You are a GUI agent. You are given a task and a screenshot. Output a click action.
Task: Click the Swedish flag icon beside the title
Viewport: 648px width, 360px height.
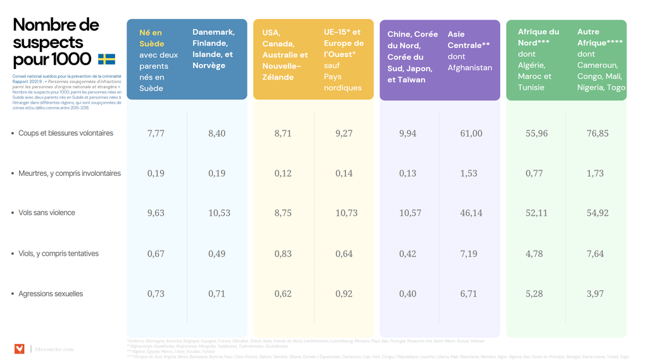[x=106, y=59]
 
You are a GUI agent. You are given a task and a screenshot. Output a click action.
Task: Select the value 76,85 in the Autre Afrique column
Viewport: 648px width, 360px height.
[x=597, y=133]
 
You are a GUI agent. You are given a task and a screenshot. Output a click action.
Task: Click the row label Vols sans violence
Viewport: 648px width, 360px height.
[x=47, y=213]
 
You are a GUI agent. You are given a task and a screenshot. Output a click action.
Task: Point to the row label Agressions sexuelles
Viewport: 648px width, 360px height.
[x=51, y=294]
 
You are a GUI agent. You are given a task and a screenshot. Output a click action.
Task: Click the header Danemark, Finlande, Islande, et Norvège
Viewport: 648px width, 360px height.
[x=213, y=49]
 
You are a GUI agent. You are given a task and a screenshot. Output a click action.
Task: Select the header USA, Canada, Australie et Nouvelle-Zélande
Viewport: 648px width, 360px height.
[x=285, y=54]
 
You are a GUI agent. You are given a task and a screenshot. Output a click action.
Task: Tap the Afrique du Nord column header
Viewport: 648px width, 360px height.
[x=538, y=37]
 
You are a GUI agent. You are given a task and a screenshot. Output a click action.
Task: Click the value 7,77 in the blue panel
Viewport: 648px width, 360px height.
[x=156, y=133]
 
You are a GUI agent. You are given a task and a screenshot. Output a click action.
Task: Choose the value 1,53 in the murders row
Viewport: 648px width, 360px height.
[x=469, y=173]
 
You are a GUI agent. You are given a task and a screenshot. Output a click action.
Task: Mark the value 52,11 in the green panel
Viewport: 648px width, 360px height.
[x=537, y=213]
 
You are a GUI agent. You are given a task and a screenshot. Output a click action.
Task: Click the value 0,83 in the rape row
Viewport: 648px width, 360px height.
[x=283, y=254]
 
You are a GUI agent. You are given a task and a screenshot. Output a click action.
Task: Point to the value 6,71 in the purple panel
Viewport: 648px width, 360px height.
[x=469, y=294]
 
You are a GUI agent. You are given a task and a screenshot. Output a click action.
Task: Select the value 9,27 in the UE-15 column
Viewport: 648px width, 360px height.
[x=344, y=133]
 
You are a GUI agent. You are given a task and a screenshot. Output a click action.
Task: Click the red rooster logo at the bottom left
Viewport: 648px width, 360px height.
[x=20, y=349]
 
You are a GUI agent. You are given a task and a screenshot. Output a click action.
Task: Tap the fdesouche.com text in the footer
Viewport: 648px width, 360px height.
[x=54, y=349]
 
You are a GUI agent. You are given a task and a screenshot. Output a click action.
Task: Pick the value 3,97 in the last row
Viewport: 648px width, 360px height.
[x=595, y=294]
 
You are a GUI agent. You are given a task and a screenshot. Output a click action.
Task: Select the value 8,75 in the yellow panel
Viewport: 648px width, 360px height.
[x=283, y=213]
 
